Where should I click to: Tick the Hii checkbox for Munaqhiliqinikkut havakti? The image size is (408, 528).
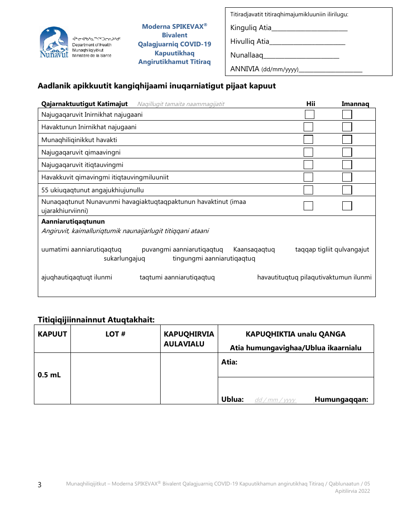point(308,140)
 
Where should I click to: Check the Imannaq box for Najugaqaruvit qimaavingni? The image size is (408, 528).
point(347,152)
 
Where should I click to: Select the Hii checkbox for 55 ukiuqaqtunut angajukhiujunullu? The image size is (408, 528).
point(308,190)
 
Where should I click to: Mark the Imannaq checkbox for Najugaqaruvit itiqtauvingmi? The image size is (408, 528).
point(347,165)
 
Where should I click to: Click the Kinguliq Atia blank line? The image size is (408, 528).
point(309,29)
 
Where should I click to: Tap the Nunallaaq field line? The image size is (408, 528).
point(301,56)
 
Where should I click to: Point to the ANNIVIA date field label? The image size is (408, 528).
point(245,69)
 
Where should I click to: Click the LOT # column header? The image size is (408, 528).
point(115,334)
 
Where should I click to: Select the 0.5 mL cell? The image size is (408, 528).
point(49,375)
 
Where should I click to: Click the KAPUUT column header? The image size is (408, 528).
point(52,334)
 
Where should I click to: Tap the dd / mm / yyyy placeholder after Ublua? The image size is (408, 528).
point(275,400)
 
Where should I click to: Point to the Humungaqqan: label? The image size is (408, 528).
point(341,399)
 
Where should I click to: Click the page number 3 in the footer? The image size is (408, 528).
point(40,485)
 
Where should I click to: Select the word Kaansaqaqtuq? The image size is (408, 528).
point(254,249)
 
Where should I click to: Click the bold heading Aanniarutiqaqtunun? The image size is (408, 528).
point(73,222)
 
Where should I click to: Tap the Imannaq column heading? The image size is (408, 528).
point(355,104)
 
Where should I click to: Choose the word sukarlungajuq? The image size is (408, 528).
point(125,258)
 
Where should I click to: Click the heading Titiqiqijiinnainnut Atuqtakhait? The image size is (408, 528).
point(96,320)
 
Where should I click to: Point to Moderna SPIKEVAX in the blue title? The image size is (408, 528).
point(173,27)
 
